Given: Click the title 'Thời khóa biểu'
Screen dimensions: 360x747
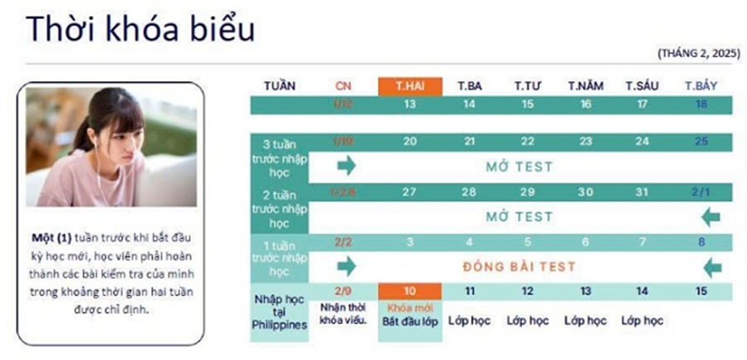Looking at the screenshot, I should coord(140,28).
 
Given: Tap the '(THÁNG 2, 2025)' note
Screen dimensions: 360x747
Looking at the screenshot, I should coord(697,53).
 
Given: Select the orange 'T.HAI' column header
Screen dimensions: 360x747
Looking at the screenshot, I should coord(409,86).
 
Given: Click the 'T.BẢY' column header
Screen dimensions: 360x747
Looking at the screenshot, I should coord(701,86).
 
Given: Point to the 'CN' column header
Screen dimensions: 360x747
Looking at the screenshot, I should coord(344,86).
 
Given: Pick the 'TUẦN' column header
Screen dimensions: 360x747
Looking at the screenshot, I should coord(279,86).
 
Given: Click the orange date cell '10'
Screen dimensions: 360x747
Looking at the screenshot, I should coord(409,292).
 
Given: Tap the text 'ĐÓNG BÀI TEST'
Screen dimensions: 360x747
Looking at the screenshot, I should coord(519,267).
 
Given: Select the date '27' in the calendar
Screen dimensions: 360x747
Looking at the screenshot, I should coord(409,192).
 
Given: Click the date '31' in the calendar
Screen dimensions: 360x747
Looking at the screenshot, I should coord(644,192).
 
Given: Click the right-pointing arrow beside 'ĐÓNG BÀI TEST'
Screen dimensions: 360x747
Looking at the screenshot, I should coord(346,267).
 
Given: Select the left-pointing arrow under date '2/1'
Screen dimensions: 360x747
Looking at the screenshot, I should coord(710,217).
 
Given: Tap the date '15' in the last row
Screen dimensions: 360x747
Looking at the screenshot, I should coord(701,292).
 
